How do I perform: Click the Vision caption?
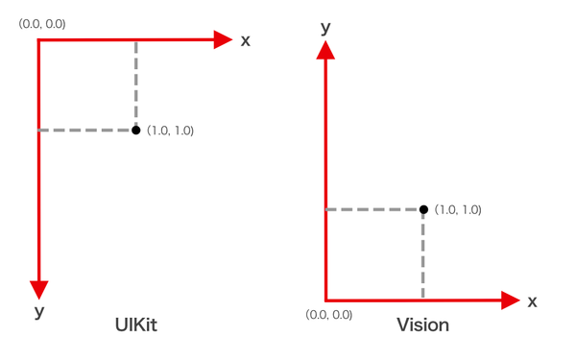pos(422,324)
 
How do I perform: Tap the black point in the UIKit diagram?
pos(135,130)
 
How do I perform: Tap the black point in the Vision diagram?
pos(422,209)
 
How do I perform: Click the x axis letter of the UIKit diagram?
pos(246,40)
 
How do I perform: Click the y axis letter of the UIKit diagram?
pos(39,312)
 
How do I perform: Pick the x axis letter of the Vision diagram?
pos(532,301)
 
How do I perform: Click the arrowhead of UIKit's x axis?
pos(223,39)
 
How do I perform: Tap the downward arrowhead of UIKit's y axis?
pos(39,287)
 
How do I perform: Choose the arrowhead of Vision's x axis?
pos(510,300)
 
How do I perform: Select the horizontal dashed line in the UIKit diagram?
pos(86,130)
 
